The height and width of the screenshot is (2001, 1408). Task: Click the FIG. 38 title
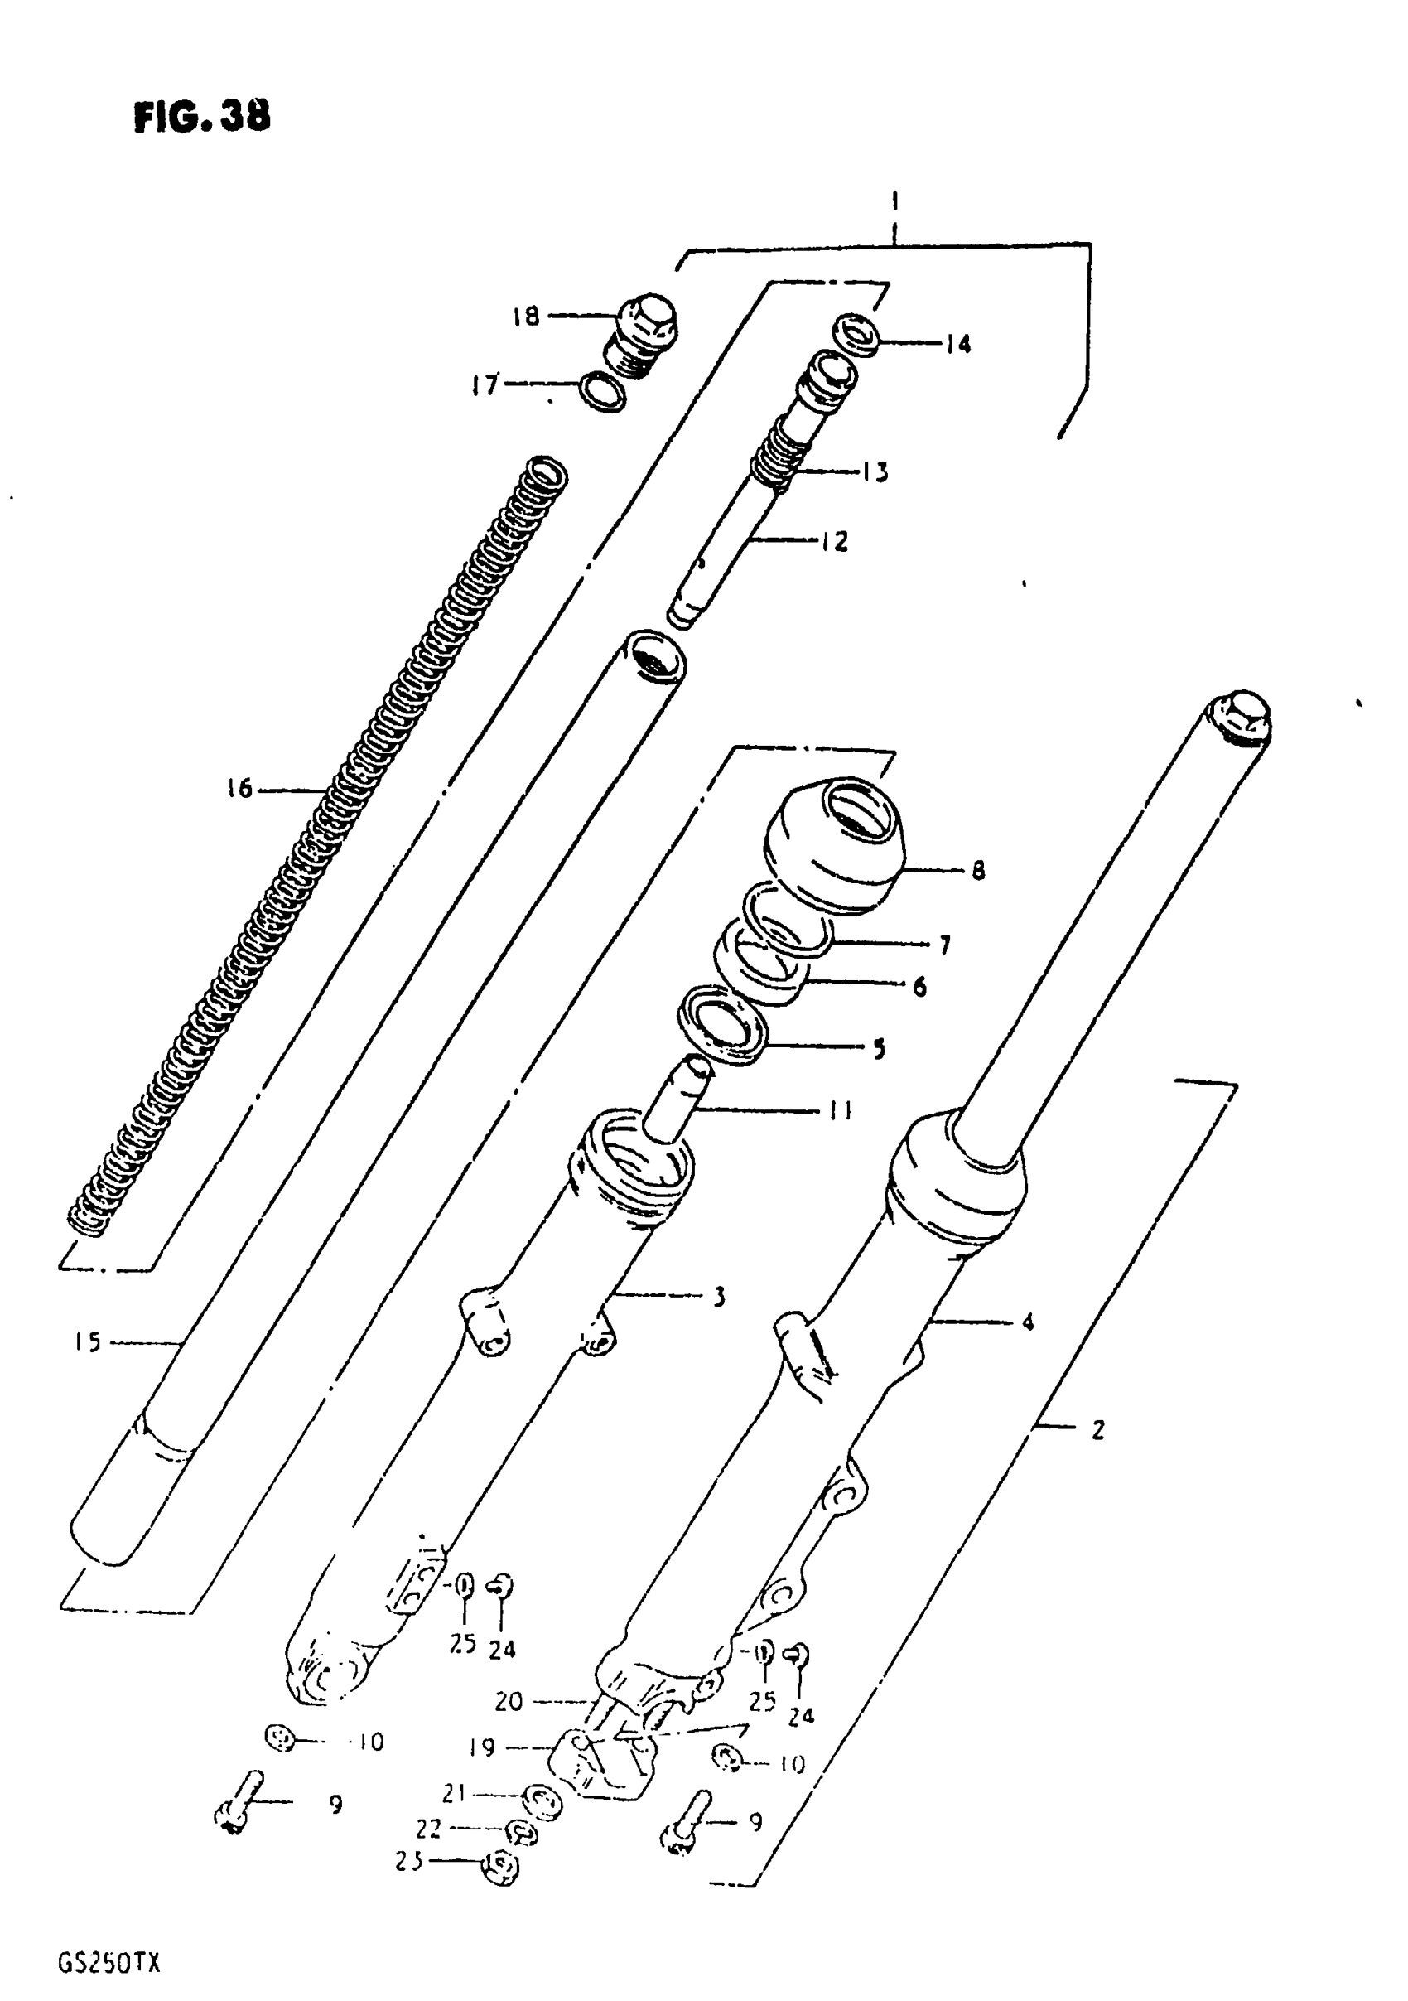[x=201, y=117]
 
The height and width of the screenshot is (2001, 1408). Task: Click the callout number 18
[x=525, y=316]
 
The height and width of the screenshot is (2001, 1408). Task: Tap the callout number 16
[x=239, y=789]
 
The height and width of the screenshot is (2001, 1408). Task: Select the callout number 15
[x=88, y=1341]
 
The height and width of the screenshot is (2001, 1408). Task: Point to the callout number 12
[x=834, y=541]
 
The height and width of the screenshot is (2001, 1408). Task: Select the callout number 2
[x=1097, y=1429]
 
